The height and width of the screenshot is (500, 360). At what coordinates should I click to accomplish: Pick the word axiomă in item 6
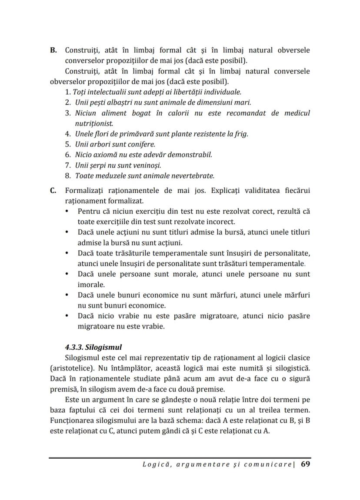(107, 155)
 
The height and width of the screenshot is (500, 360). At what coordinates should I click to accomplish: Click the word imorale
(91, 285)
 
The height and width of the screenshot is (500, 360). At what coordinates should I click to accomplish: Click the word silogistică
(292, 368)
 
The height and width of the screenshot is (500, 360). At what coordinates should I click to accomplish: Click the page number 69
(305, 464)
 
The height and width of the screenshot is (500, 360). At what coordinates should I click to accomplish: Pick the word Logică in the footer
(155, 465)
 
